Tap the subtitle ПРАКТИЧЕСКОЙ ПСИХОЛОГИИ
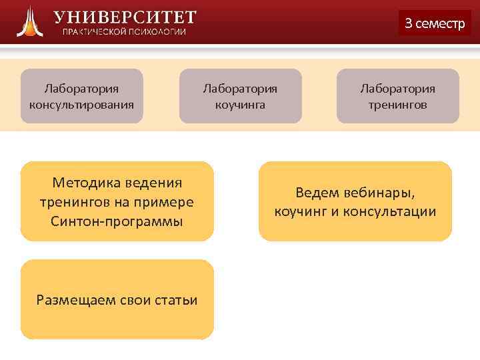coord(125,33)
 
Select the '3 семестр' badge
coord(434,23)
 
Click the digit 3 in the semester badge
coord(409,23)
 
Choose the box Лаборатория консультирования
coord(81,96)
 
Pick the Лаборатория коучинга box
coord(240,96)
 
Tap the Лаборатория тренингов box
coord(398,96)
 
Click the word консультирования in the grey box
coord(81,105)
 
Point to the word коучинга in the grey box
coord(240,105)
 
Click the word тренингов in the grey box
coord(398,105)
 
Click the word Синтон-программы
coord(117,221)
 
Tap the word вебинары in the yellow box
coord(383,193)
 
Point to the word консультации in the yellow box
coord(398,212)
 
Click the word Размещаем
coord(74,300)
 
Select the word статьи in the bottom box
coord(178,300)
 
